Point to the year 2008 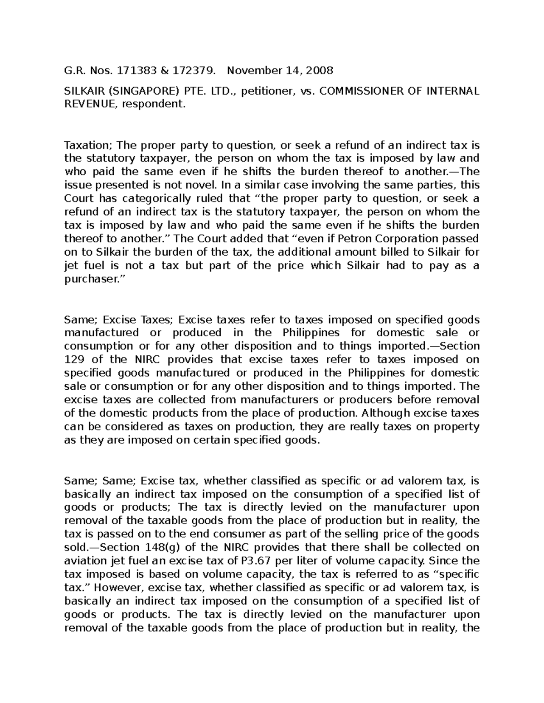319,70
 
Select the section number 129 73,359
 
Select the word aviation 84,561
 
